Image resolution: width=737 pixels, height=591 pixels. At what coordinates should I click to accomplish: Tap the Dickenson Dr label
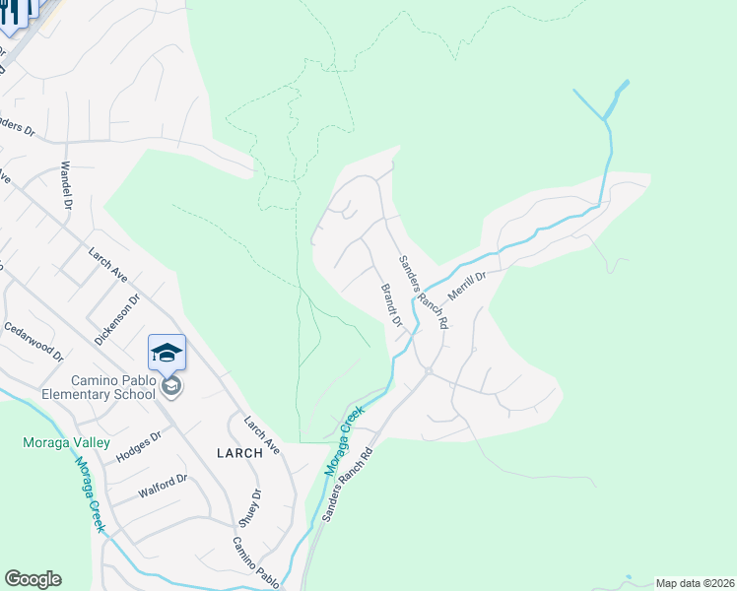point(111,322)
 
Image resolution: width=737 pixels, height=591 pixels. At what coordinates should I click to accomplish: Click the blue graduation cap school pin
point(167,352)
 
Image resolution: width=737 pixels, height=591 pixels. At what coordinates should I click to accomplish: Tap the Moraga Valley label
point(60,443)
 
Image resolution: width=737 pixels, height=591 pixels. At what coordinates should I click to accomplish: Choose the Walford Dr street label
point(165,485)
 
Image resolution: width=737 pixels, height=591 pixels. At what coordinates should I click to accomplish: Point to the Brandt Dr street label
point(391,305)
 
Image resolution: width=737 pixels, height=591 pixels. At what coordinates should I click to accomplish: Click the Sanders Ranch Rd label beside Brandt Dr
point(424,292)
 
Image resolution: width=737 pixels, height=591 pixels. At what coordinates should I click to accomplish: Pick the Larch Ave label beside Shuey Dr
point(262,434)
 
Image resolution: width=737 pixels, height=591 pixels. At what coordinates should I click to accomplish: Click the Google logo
point(33,579)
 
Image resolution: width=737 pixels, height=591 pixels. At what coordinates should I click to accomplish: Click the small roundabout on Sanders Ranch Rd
point(429,371)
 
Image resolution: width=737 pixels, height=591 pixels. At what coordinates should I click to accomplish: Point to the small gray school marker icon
point(172,385)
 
